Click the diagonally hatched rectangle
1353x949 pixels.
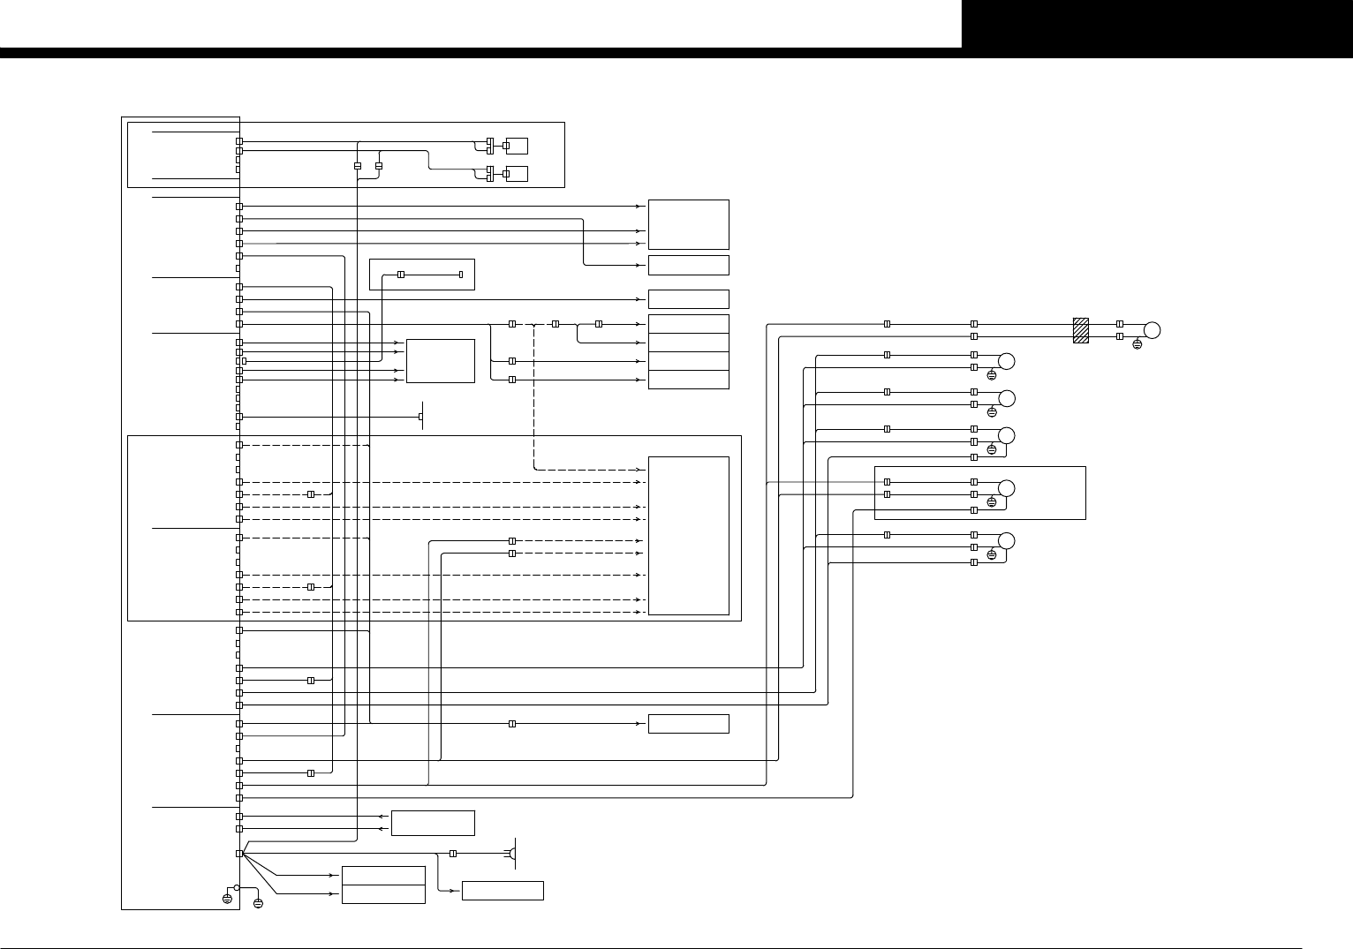(1080, 330)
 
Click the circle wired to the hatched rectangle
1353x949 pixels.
(1152, 330)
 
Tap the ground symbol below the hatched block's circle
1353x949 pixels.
(1137, 344)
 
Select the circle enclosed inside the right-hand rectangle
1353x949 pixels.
(1006, 488)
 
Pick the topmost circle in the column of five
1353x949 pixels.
(1006, 360)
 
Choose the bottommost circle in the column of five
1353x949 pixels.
(1006, 540)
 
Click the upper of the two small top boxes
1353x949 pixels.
(518, 146)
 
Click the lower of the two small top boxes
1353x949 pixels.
(518, 173)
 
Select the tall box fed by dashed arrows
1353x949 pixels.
(688, 535)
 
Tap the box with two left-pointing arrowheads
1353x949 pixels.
(433, 823)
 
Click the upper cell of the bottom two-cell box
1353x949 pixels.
(383, 875)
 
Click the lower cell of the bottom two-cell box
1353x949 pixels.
(383, 893)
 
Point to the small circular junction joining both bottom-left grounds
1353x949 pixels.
(237, 887)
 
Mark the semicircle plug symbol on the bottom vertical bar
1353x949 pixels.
(510, 854)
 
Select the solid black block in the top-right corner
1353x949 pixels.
(1157, 24)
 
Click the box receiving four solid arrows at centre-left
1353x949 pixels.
(440, 361)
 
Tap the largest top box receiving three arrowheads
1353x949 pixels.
(688, 224)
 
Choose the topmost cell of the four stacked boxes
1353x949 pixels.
(688, 324)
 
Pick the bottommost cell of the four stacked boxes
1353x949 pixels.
(688, 380)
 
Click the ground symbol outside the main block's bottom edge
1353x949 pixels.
(258, 904)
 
